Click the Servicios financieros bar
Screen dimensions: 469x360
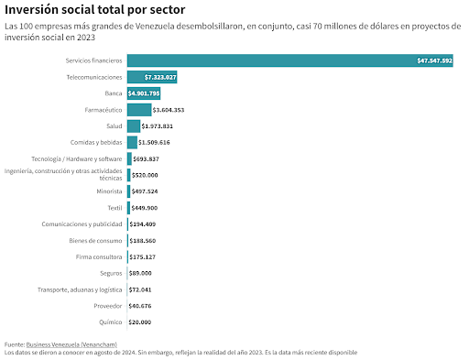290,60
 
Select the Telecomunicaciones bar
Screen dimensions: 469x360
152,77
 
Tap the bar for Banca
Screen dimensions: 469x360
144,93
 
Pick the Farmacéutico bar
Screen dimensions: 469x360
139,110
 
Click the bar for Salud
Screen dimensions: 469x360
134,126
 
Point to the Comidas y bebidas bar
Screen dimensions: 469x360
132,142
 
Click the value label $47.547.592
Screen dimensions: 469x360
434,60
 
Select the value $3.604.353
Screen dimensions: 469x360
169,110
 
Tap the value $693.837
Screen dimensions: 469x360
146,158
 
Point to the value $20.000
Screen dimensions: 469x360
140,322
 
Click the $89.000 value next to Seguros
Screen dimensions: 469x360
140,273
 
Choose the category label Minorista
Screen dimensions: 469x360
109,191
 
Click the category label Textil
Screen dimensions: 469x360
115,208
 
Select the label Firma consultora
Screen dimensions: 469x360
99,257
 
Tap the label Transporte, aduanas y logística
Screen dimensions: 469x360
80,289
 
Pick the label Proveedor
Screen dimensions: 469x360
108,306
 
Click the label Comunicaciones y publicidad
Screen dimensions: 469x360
82,224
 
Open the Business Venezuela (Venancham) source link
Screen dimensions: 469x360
71,344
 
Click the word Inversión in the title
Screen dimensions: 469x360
31,9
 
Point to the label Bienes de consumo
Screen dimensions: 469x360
95,241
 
